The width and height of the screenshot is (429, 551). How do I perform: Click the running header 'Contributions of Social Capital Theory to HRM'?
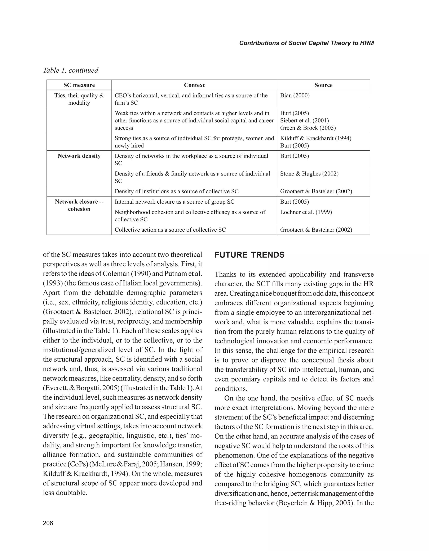(x=306, y=43)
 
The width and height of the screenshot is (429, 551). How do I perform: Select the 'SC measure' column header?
(x=79, y=85)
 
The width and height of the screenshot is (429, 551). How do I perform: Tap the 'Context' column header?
(x=194, y=85)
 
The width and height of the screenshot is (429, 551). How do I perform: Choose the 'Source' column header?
(x=323, y=85)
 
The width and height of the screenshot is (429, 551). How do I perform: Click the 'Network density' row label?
(x=79, y=156)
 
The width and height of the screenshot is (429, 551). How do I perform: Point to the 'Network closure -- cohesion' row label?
(x=79, y=205)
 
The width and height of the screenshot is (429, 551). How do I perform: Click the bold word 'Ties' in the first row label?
(x=59, y=96)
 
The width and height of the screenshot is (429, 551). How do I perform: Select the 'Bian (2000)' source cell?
(x=295, y=96)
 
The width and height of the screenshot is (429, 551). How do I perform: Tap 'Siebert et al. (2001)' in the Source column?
(x=304, y=121)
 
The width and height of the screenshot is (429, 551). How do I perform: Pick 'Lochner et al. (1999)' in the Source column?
(x=306, y=212)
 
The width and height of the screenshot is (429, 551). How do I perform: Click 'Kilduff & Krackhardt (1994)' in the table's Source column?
(x=316, y=138)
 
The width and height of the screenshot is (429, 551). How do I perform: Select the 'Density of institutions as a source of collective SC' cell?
(x=177, y=191)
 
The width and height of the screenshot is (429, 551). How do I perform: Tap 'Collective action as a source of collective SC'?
(x=170, y=230)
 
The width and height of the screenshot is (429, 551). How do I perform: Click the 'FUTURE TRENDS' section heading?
(x=249, y=255)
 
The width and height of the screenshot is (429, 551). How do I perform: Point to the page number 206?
(x=48, y=523)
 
